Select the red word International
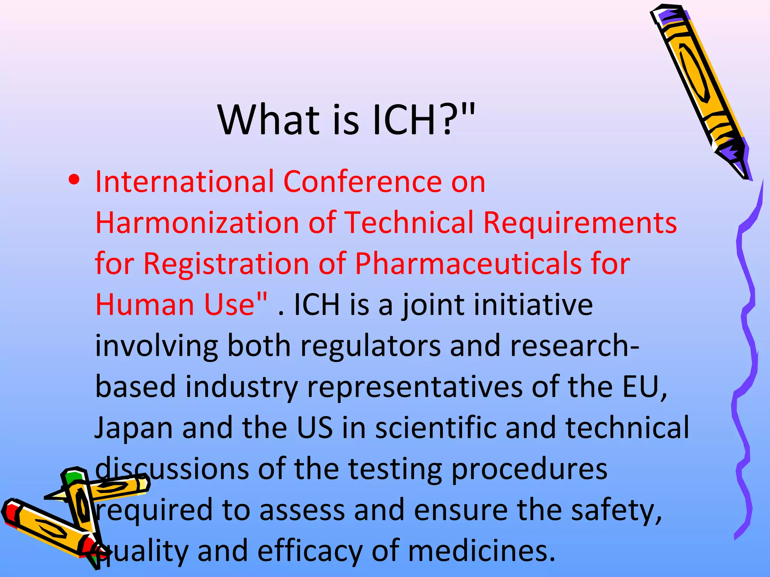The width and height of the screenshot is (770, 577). point(185,182)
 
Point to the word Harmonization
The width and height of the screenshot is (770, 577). point(197,223)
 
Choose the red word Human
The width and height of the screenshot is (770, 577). point(144,305)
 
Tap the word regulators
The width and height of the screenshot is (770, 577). point(370,346)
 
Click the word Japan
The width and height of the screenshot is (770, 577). point(133,428)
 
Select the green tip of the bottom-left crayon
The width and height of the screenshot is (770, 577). point(73,477)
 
